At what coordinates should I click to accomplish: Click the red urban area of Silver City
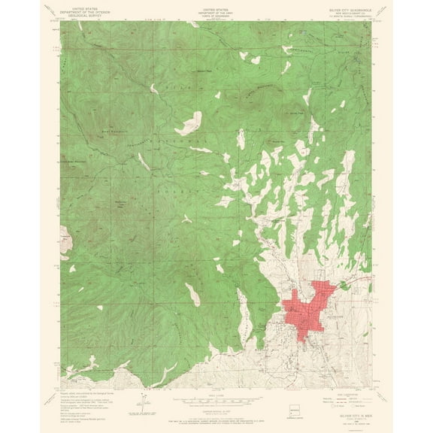pyautogui.click(x=308, y=308)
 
